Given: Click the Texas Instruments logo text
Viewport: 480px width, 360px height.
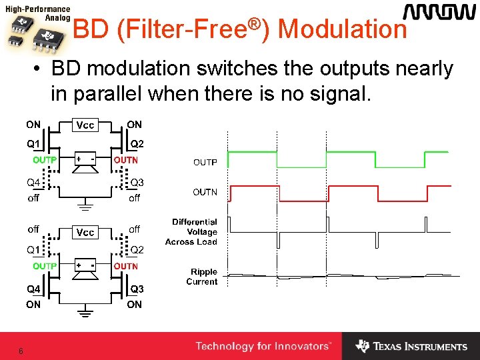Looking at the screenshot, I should tap(420, 347).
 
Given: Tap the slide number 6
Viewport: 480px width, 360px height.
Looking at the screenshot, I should tap(21, 351).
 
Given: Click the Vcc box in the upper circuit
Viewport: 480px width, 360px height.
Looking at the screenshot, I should tap(85, 125).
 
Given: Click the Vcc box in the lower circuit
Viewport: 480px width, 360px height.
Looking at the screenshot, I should tap(85, 232).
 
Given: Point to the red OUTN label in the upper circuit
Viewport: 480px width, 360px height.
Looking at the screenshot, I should tap(125, 160).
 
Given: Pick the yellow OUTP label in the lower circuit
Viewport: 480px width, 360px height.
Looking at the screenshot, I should tap(45, 266).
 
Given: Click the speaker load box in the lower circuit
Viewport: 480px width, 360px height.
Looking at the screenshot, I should tap(85, 268).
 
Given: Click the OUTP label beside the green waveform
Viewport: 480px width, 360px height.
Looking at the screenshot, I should tap(205, 162).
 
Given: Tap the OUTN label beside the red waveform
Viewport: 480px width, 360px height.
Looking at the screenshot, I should tap(205, 192).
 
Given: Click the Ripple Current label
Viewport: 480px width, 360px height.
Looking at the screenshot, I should tap(203, 277).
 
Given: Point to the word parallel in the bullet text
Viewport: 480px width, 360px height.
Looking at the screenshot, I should tap(102, 94).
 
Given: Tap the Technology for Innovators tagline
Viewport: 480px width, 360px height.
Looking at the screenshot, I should tap(263, 346).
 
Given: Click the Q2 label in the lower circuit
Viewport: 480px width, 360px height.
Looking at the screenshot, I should tap(137, 249).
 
